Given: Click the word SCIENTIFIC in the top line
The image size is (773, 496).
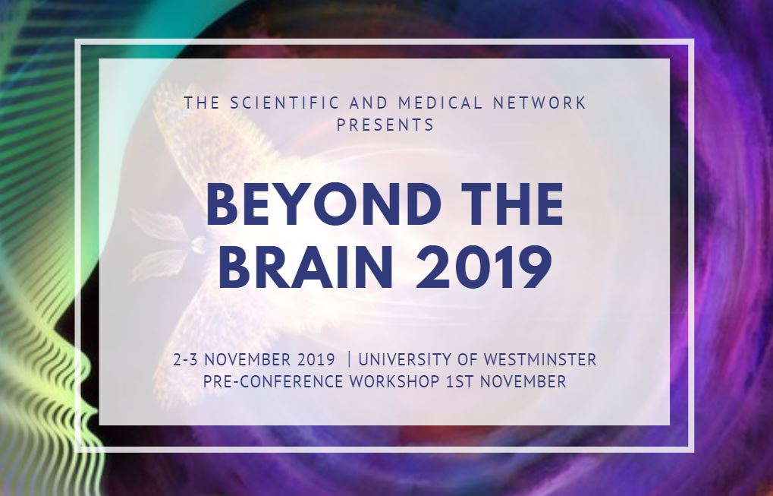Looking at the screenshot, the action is [x=284, y=103].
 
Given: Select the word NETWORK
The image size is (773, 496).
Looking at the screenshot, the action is [x=540, y=103].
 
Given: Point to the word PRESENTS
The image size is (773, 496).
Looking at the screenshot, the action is [x=385, y=125].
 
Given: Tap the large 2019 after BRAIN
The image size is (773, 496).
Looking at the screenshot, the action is [x=484, y=267].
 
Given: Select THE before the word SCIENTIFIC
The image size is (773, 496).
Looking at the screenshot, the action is [x=202, y=103].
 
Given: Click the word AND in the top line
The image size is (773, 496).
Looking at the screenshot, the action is [x=369, y=103].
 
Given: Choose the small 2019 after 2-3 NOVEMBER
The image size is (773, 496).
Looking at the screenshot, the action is [x=316, y=359].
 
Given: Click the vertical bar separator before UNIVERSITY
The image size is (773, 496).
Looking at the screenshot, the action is [x=350, y=359].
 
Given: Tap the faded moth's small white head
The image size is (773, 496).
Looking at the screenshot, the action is [x=198, y=245].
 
